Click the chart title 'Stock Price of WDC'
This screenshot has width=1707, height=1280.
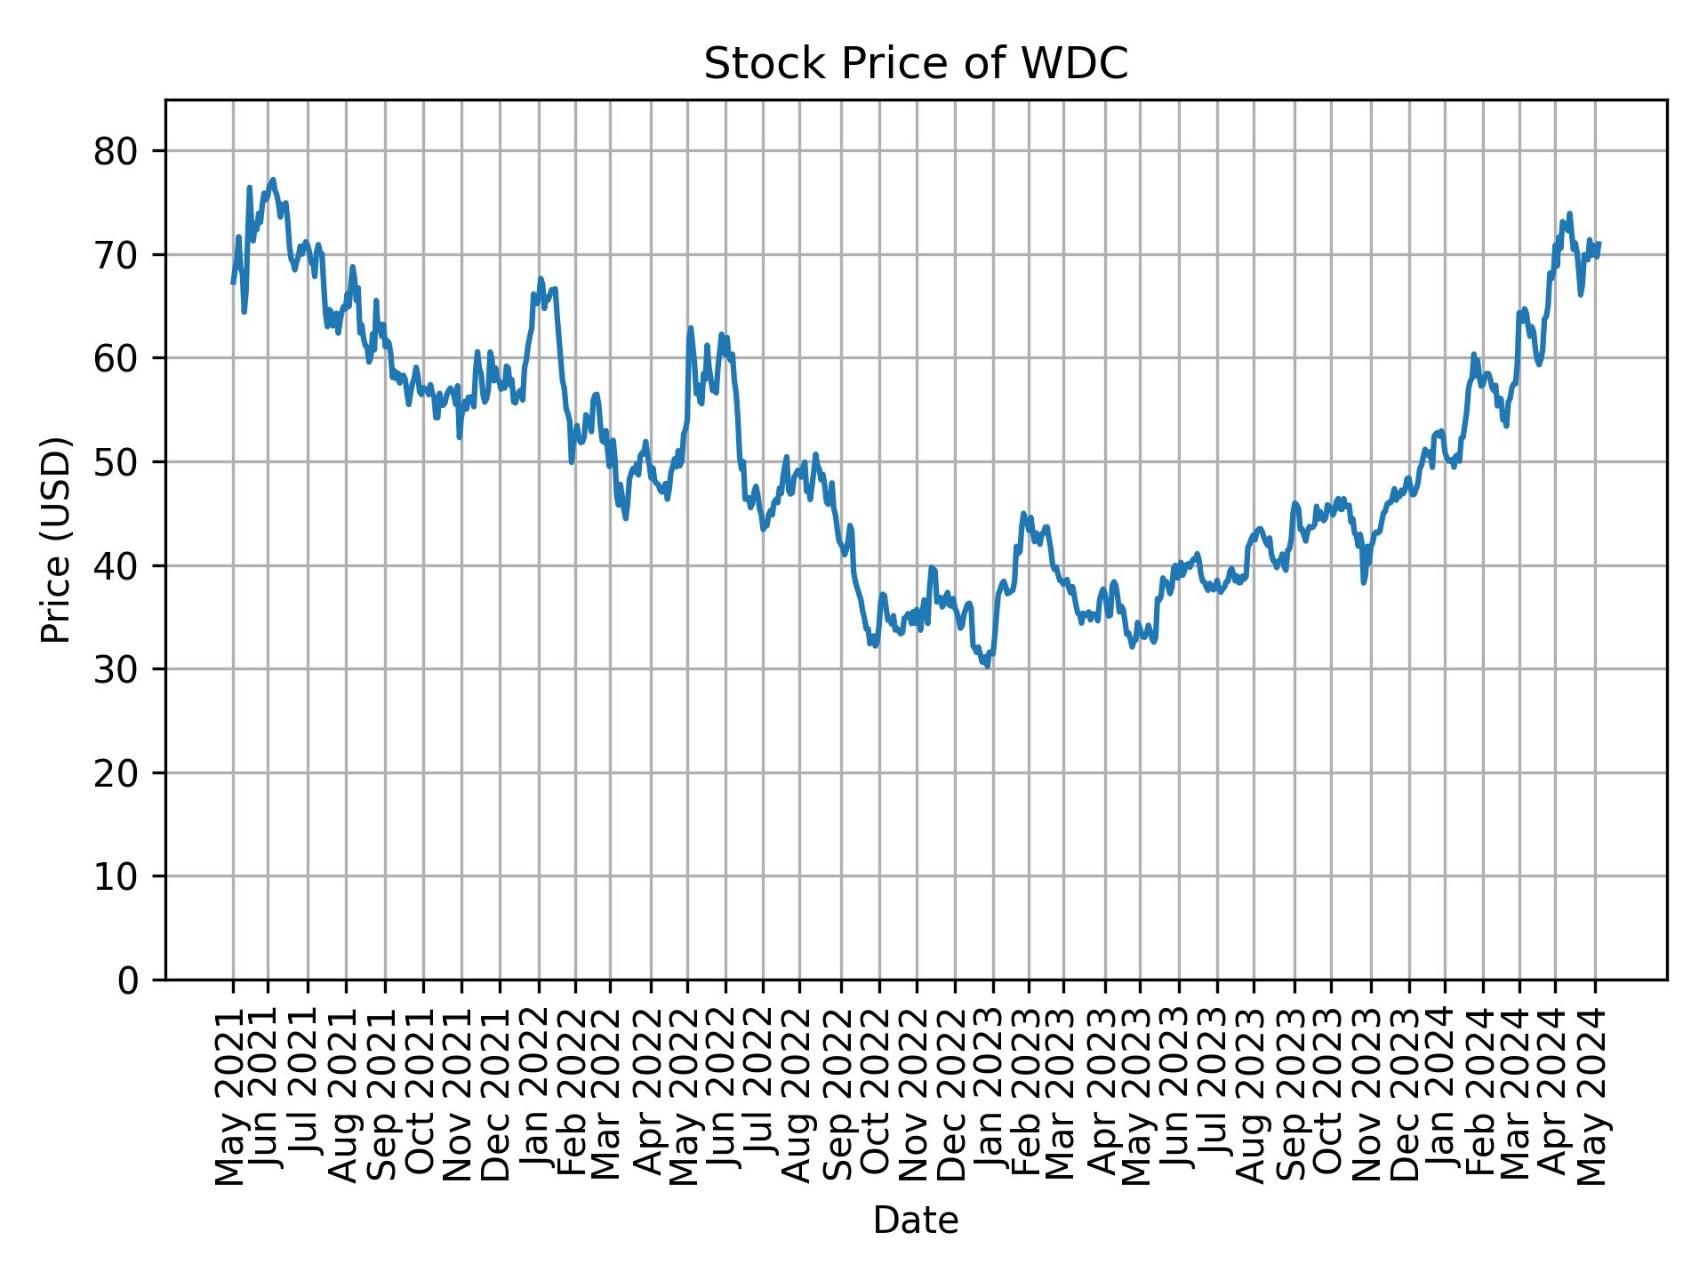coord(915,65)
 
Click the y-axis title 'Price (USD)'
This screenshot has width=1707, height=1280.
coord(56,540)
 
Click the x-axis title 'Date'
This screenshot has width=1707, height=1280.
coord(915,1220)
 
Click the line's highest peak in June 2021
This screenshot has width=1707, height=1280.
coord(273,180)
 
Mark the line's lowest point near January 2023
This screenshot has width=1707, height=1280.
coord(987,666)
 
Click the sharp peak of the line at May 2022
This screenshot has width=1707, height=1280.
coord(690,328)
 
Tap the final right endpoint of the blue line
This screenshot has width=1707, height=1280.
coord(1599,244)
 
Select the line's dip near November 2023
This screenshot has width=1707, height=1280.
coord(1363,582)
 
